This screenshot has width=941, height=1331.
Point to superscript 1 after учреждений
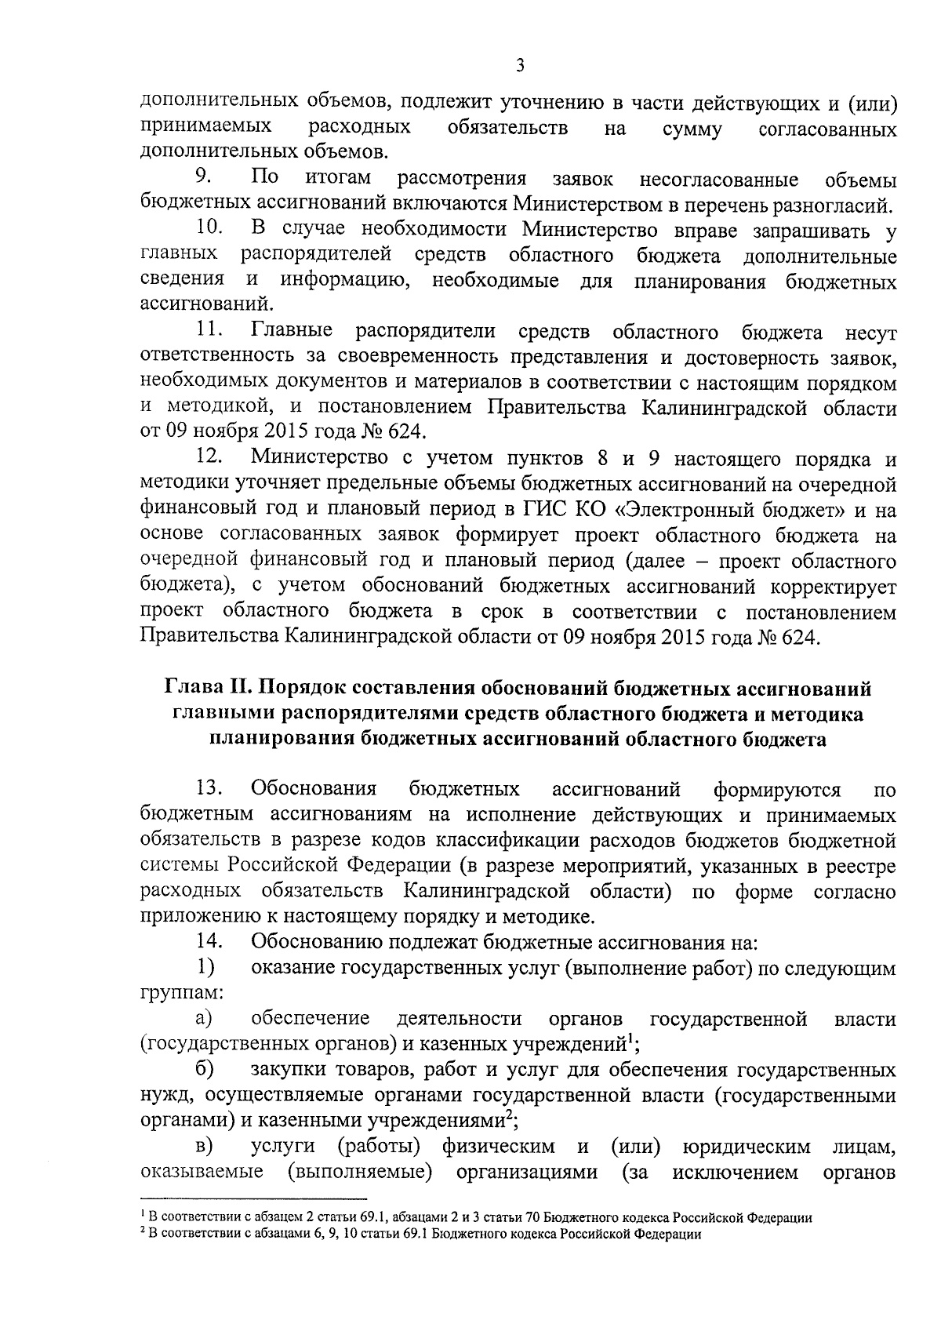click(x=630, y=1038)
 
